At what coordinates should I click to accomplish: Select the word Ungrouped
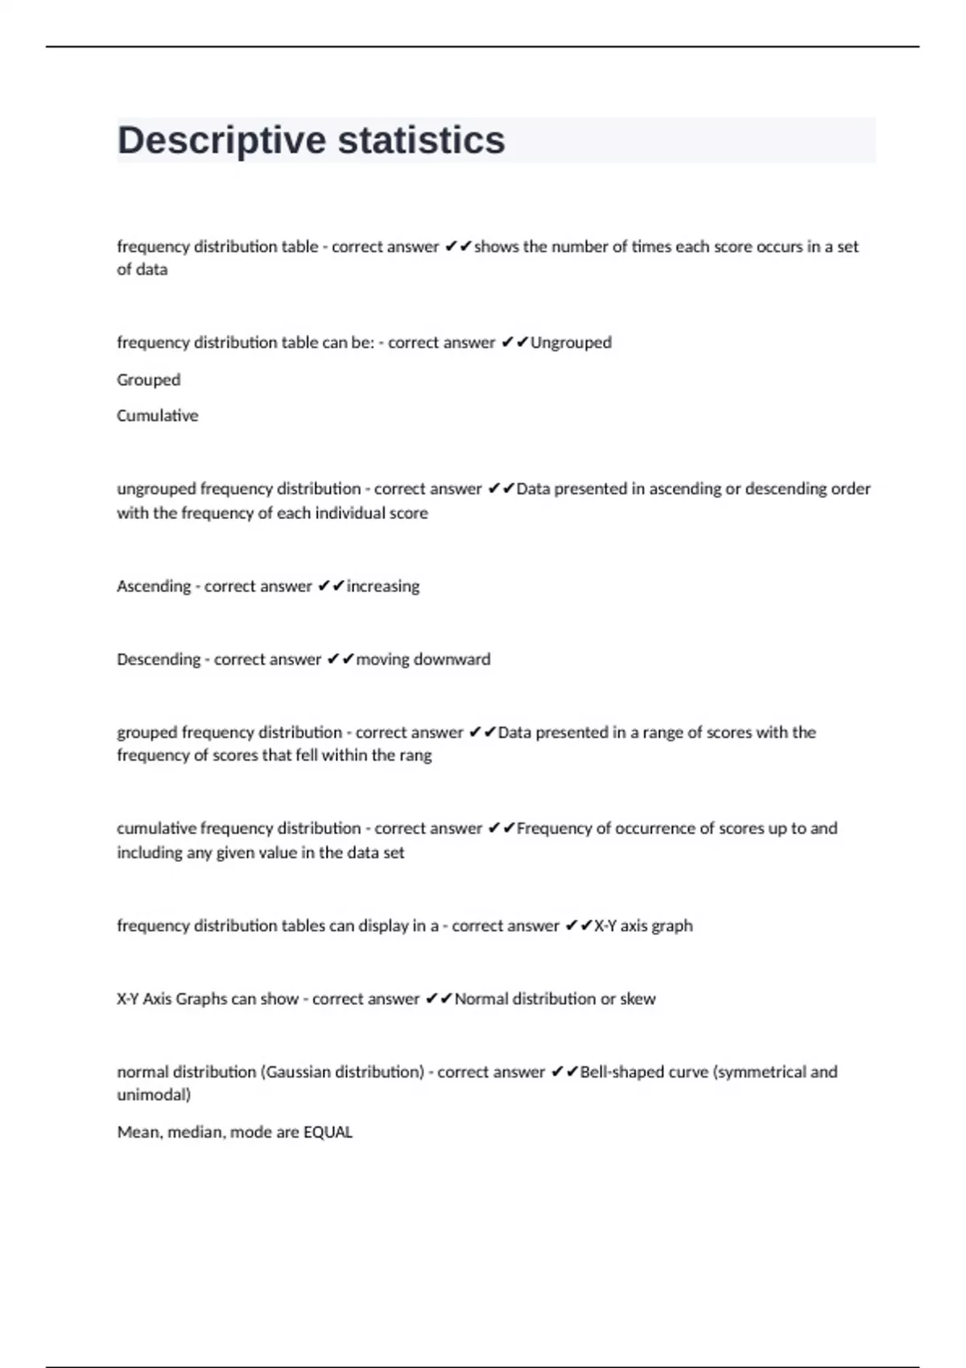pos(571,343)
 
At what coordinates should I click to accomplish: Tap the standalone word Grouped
pos(148,380)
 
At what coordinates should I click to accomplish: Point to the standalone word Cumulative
pos(157,416)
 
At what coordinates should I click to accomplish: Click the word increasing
pos(382,587)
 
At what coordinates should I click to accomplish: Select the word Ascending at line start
pos(152,587)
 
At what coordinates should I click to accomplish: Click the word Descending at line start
pos(159,660)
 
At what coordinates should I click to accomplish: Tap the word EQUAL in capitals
pos(328,1132)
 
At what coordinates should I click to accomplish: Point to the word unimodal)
pos(154,1095)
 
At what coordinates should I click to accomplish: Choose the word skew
pos(638,999)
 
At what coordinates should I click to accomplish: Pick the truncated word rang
pos(416,756)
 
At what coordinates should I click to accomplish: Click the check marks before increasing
pos(331,587)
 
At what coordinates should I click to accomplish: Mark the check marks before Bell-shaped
pos(564,1072)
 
